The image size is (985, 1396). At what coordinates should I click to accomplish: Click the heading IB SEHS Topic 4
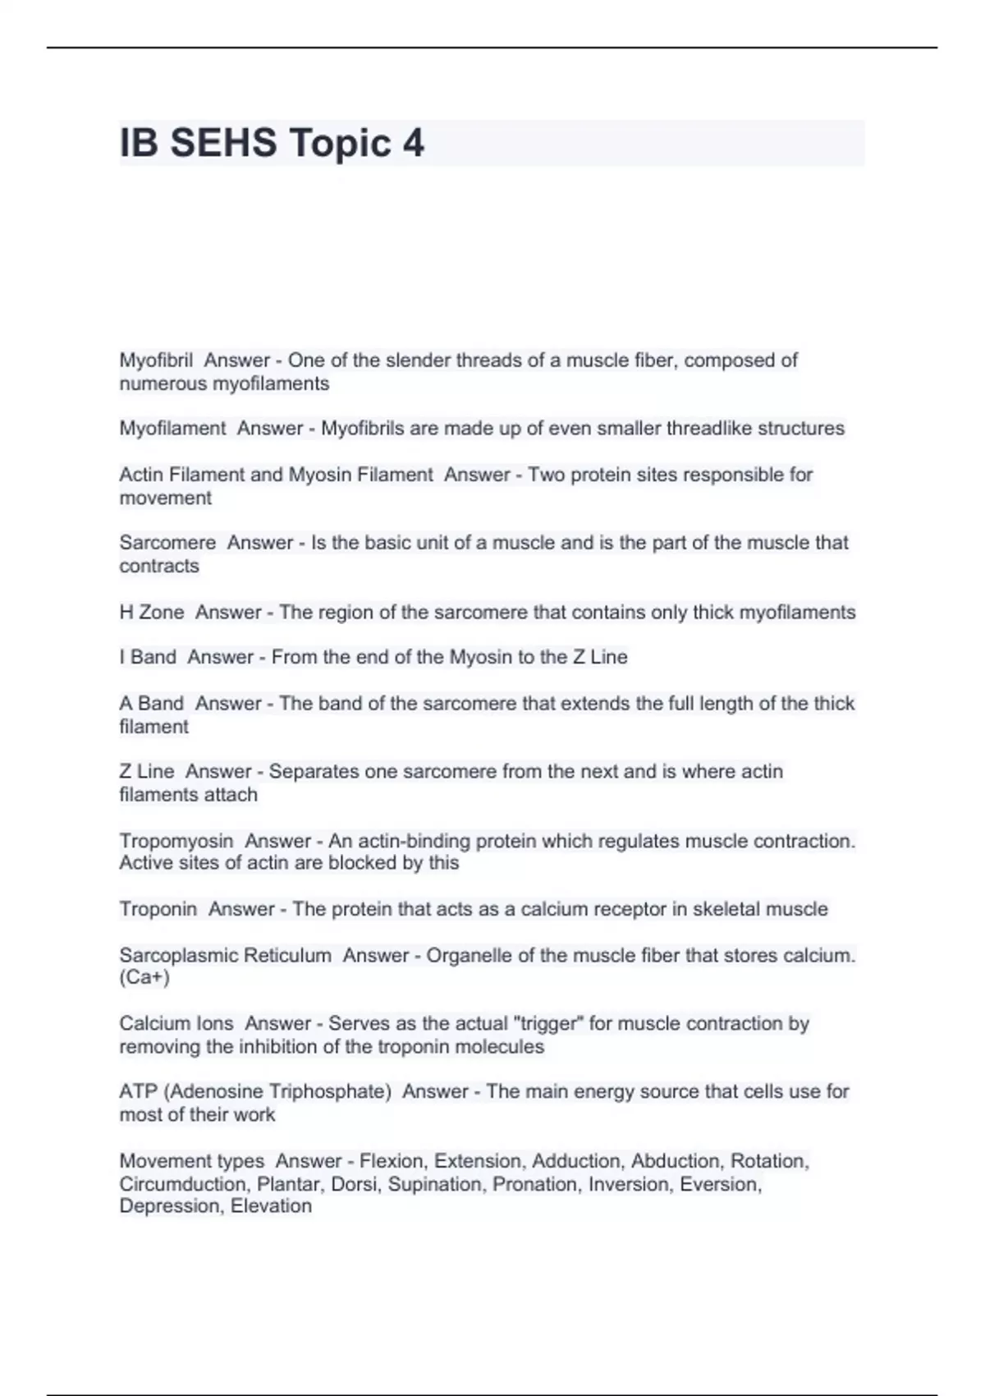pyautogui.click(x=272, y=144)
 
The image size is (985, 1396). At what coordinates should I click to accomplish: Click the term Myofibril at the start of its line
pyautogui.click(x=156, y=360)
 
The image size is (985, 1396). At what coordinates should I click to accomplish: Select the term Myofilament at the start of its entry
pyautogui.click(x=172, y=429)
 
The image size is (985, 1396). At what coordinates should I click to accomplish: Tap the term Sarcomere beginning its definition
pyautogui.click(x=167, y=543)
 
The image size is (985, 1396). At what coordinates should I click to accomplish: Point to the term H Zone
pyautogui.click(x=152, y=613)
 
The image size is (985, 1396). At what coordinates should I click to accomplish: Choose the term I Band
pyautogui.click(x=148, y=657)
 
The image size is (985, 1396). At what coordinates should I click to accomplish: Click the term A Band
pyautogui.click(x=152, y=704)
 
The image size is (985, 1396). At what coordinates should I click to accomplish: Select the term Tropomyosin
pyautogui.click(x=176, y=841)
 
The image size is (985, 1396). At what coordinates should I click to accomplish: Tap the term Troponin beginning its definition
pyautogui.click(x=158, y=909)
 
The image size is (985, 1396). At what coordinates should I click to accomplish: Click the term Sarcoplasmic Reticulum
pyautogui.click(x=226, y=956)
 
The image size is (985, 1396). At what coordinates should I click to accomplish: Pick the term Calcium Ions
pyautogui.click(x=176, y=1024)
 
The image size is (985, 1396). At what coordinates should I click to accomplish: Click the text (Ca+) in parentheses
pyautogui.click(x=144, y=977)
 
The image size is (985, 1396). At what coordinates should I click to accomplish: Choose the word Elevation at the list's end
pyautogui.click(x=271, y=1206)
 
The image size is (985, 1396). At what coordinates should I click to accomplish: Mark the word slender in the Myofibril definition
pyautogui.click(x=417, y=360)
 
